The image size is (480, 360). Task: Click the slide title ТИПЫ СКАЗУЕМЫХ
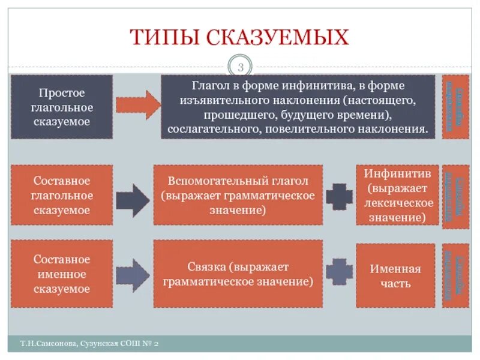click(x=239, y=37)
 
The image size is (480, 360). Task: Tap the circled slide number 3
click(x=240, y=66)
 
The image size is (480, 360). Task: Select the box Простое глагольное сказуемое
click(x=61, y=107)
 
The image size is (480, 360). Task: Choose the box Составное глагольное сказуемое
click(x=61, y=195)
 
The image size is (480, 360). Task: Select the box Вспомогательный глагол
click(x=238, y=195)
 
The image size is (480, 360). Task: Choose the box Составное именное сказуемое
click(x=61, y=274)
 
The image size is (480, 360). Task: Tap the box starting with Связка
click(x=238, y=274)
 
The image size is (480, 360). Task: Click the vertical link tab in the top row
click(x=455, y=107)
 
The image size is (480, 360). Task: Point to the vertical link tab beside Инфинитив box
click(x=455, y=195)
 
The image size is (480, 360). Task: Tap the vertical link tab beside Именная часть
click(x=455, y=275)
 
